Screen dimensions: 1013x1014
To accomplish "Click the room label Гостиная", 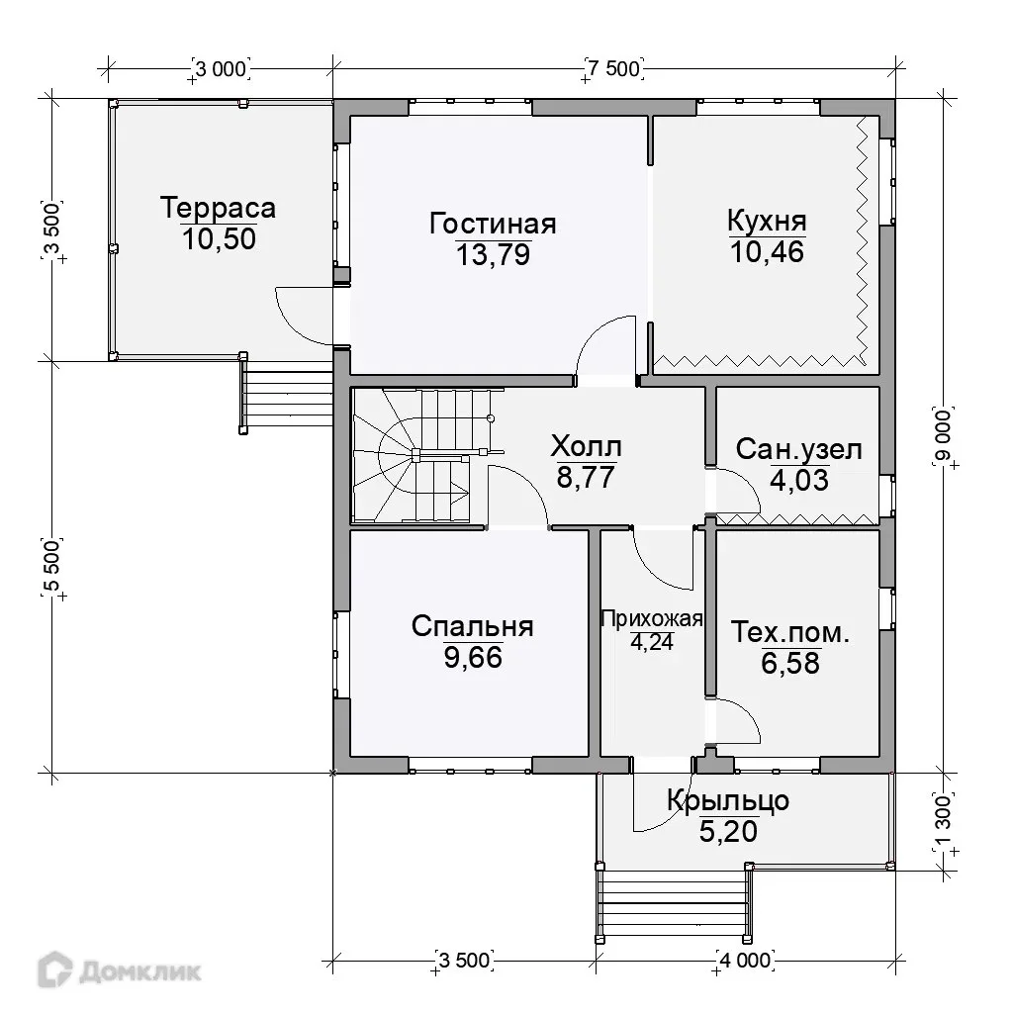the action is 493,224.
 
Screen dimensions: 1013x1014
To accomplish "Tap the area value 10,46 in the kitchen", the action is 767,251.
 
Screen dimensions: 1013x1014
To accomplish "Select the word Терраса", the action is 218,208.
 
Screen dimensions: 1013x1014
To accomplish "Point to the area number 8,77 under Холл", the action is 586,477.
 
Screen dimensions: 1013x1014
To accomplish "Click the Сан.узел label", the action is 799,449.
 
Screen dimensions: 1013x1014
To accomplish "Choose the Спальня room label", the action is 473,626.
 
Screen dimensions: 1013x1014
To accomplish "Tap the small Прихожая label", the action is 651,619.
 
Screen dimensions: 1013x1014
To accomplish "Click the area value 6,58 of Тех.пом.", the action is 789,664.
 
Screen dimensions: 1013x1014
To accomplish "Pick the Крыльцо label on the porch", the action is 728,800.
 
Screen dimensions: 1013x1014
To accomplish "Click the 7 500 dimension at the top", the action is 614,68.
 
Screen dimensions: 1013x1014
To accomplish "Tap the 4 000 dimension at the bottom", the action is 745,961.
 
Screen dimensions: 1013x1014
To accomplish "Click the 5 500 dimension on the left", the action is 51,567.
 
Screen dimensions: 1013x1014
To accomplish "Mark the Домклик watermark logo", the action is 120,970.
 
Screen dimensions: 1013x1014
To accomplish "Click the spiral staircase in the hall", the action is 427,455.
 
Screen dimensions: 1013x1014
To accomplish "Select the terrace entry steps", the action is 288,393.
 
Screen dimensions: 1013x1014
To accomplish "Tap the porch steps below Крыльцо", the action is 674,903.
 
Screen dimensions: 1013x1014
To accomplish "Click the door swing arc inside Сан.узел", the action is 745,485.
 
